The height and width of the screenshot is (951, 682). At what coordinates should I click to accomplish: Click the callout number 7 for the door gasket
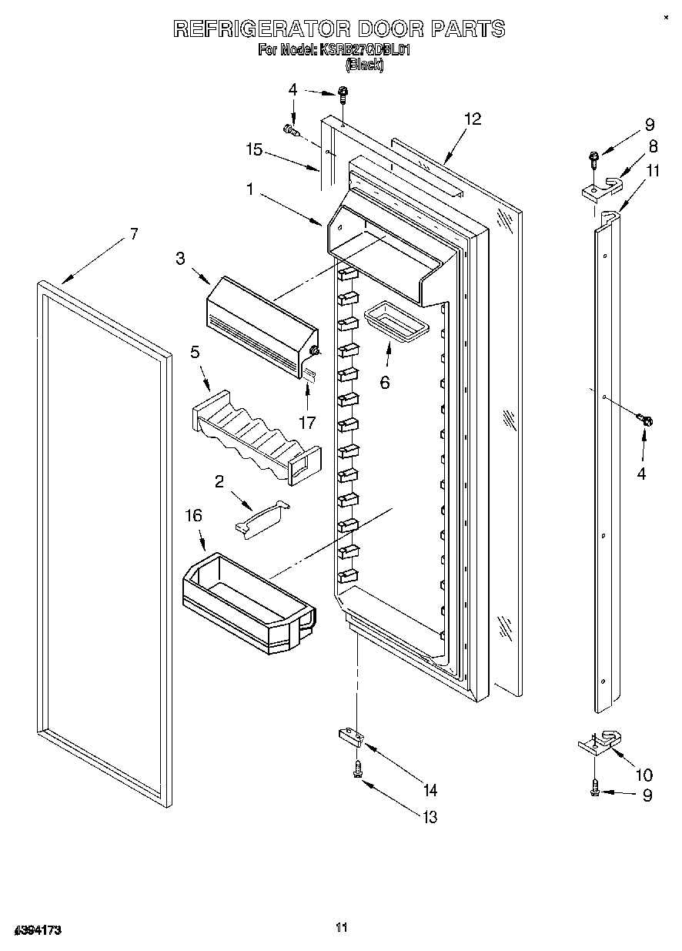[x=135, y=234]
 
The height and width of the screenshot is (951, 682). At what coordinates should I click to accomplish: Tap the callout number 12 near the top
[x=473, y=119]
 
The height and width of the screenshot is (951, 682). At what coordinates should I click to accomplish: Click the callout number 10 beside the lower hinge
[x=644, y=775]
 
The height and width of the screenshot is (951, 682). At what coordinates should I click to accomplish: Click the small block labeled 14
[x=351, y=736]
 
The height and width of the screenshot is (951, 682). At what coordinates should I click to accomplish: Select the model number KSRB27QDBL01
[x=366, y=50]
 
